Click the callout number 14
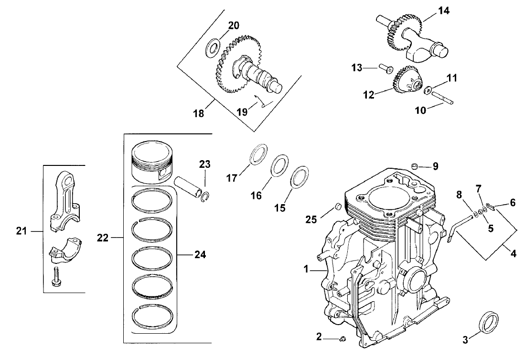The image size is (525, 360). pyautogui.click(x=444, y=11)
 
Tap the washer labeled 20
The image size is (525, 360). pyautogui.click(x=213, y=48)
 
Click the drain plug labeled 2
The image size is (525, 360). pyautogui.click(x=342, y=339)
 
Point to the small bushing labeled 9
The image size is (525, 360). pyautogui.click(x=415, y=166)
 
